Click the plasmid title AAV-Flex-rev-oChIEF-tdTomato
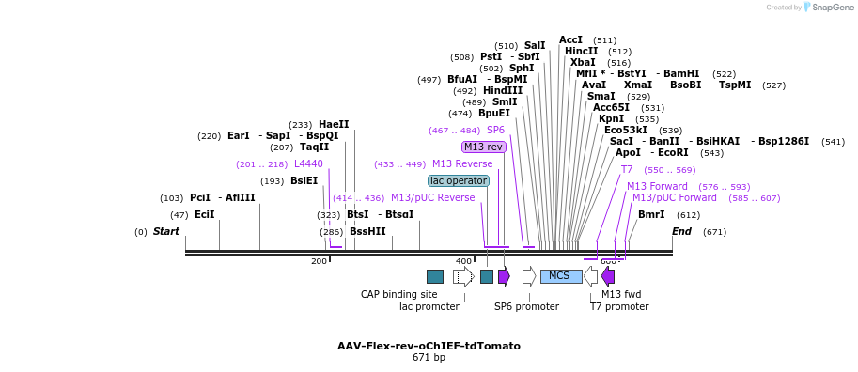pos(429,346)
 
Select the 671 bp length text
pos(429,358)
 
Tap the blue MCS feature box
pos(560,275)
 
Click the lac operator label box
pos(459,180)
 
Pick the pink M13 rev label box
pos(484,147)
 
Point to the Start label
pos(166,231)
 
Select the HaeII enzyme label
pos(333,124)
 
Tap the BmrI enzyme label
pos(651,214)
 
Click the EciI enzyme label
pos(204,214)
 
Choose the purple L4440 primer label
pos(308,163)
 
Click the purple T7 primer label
pos(627,169)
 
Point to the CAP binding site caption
pos(398,294)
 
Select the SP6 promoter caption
pos(526,306)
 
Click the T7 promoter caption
pos(619,306)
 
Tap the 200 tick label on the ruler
pos(319,261)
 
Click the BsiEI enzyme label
pos(304,180)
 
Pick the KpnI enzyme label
pos(611,118)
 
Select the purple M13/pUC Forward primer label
pos(674,197)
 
